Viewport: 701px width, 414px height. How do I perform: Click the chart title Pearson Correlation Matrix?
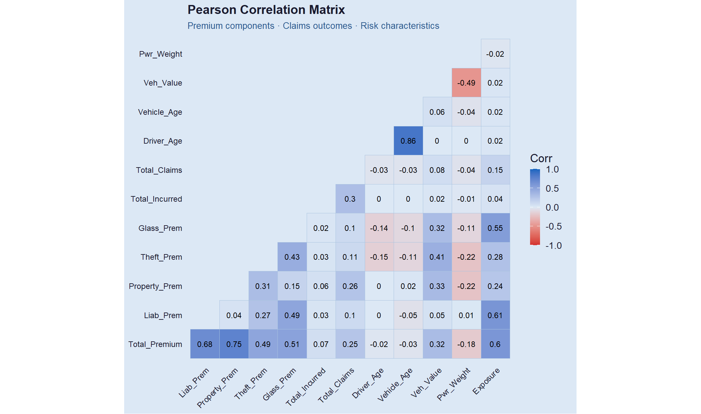(x=266, y=10)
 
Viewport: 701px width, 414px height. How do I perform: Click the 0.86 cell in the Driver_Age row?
(x=408, y=141)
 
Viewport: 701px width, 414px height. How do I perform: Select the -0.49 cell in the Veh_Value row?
(x=466, y=83)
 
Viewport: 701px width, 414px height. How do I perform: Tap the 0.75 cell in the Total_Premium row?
(x=234, y=344)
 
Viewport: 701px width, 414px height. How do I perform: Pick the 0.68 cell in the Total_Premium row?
(x=205, y=344)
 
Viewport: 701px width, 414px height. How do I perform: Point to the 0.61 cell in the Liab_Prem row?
(x=495, y=315)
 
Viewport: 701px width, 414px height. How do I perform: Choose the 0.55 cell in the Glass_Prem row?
(x=495, y=228)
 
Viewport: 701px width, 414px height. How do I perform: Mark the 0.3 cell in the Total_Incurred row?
(x=350, y=199)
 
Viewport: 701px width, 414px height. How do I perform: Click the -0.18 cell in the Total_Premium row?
(x=466, y=344)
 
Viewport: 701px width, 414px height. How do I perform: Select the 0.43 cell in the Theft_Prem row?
(x=292, y=257)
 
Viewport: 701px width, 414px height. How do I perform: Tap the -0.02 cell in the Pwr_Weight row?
(x=495, y=54)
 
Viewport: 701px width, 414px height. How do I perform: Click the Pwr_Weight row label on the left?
(x=161, y=54)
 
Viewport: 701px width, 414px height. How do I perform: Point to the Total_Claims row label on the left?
(x=159, y=170)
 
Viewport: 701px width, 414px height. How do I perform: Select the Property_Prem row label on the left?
(x=155, y=286)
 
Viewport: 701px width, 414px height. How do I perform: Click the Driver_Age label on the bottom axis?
(x=368, y=383)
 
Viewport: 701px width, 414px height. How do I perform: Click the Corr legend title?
(x=541, y=158)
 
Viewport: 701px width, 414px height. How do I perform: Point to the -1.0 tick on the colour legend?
(x=554, y=245)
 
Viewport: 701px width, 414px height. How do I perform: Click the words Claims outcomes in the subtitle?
(x=317, y=26)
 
